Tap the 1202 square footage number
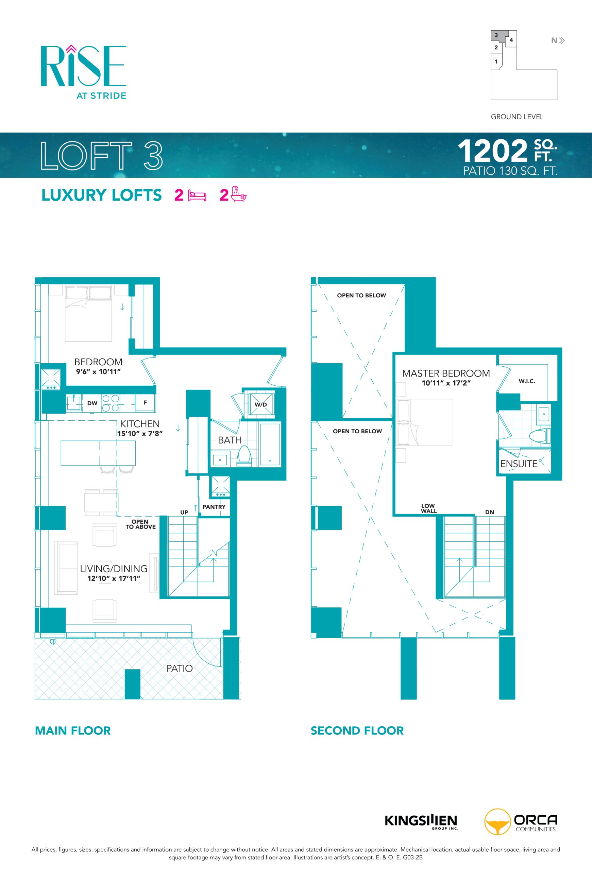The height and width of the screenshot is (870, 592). click(493, 151)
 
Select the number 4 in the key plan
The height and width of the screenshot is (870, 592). click(511, 40)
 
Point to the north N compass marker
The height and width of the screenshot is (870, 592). click(554, 40)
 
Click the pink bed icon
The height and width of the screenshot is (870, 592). click(197, 195)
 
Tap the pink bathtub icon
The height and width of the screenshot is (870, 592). click(238, 194)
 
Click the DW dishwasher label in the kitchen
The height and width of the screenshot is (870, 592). click(92, 403)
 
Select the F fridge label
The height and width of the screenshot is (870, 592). click(145, 402)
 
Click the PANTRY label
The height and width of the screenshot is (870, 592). click(214, 506)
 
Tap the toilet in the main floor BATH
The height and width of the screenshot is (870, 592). click(244, 456)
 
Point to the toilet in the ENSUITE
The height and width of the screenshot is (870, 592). click(540, 436)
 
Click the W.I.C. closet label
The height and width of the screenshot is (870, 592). click(527, 381)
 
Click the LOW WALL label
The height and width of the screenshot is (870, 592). click(428, 508)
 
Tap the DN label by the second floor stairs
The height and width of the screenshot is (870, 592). click(489, 512)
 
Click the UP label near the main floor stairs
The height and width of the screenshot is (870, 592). click(184, 512)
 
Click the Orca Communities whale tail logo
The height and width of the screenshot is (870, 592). click(497, 822)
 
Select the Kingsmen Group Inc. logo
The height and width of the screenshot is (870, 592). click(421, 821)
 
